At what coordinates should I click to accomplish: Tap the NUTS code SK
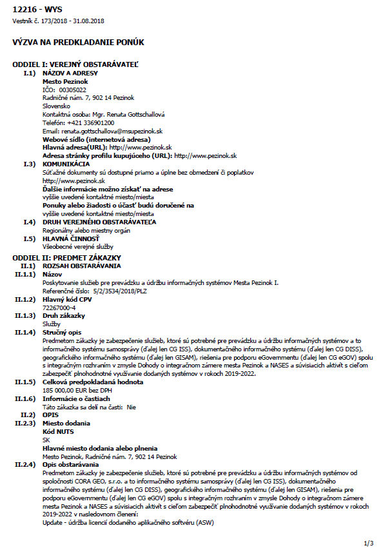coord(46,440)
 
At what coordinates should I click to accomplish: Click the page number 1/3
coord(369,543)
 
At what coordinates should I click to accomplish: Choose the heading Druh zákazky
coord(63,315)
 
